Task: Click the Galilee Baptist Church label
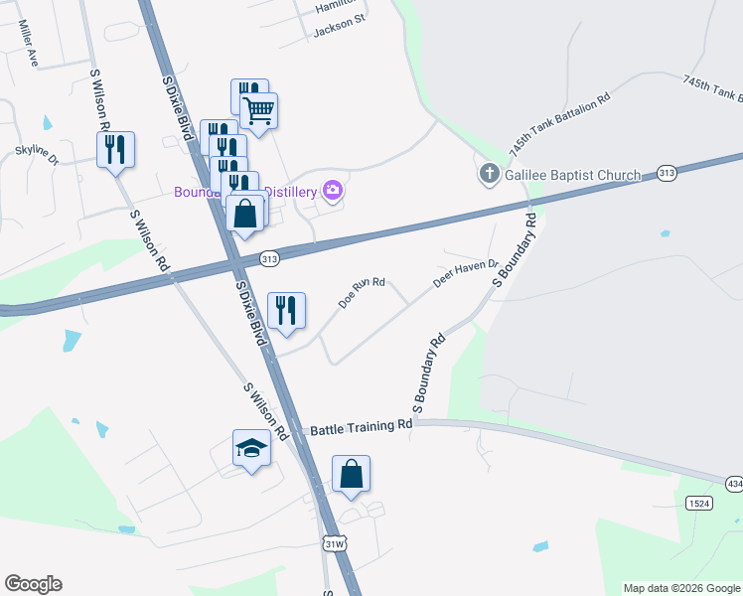pyautogui.click(x=572, y=176)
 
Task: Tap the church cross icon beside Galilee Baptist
pyautogui.click(x=489, y=176)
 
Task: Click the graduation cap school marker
pyautogui.click(x=252, y=449)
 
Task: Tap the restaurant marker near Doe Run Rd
pyautogui.click(x=286, y=310)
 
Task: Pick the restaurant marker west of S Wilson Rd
pyautogui.click(x=115, y=149)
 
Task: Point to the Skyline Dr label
pyautogui.click(x=36, y=154)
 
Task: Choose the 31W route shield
pyautogui.click(x=336, y=543)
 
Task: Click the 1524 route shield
pyautogui.click(x=698, y=504)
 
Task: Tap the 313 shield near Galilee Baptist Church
pyautogui.click(x=666, y=173)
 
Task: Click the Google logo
pyautogui.click(x=33, y=584)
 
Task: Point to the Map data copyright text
pyautogui.click(x=681, y=588)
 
